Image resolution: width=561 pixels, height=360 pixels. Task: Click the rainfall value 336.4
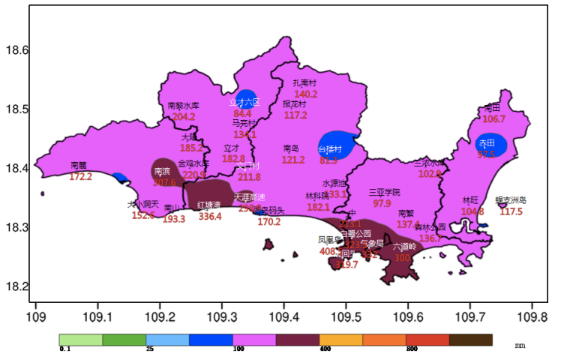(x=210, y=217)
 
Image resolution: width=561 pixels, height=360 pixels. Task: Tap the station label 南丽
(x=79, y=165)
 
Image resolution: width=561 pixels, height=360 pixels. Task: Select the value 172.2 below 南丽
(x=80, y=177)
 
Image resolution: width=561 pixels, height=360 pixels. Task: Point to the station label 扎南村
(x=304, y=83)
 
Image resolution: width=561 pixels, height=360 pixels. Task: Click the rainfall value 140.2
(x=306, y=94)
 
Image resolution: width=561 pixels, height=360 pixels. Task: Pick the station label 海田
(x=492, y=107)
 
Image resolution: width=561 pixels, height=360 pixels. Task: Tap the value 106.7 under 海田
(x=493, y=118)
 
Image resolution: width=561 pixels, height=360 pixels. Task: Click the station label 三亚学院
(x=384, y=192)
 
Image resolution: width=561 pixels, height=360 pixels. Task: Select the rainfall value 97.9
(x=382, y=203)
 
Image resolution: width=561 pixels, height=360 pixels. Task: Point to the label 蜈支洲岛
(x=511, y=200)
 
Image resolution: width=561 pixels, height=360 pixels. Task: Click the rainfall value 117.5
(x=511, y=211)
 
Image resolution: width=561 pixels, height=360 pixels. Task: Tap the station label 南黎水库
(x=183, y=106)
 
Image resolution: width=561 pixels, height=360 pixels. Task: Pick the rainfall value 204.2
(x=184, y=117)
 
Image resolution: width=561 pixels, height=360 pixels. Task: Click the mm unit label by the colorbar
(x=520, y=346)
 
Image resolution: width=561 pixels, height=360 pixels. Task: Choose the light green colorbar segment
(x=81, y=340)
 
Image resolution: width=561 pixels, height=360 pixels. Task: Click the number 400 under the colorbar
(x=325, y=349)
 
